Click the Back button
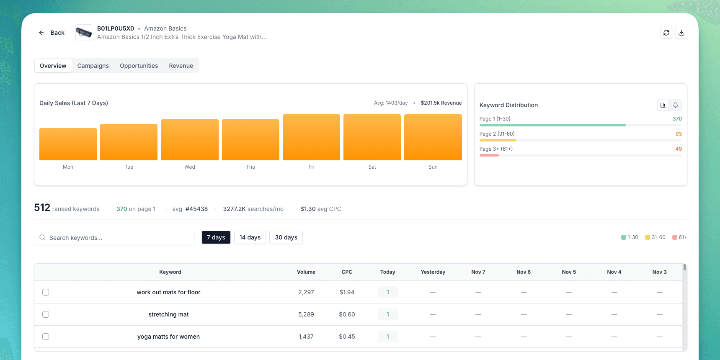[x=52, y=33]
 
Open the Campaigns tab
[x=93, y=66]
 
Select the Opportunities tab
[x=139, y=66]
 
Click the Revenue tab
[x=181, y=66]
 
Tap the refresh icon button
[x=666, y=33]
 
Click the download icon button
[x=681, y=33]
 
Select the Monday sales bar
[x=68, y=144]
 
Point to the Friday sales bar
[x=311, y=137]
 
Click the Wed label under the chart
[x=190, y=167]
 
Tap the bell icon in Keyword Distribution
[x=676, y=105]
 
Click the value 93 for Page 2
[x=679, y=134]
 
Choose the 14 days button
[x=250, y=237]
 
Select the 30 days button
[x=286, y=237]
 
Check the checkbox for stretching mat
[x=46, y=314]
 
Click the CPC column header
[x=347, y=272]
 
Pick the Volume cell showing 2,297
[x=306, y=292]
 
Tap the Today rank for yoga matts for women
[x=388, y=337]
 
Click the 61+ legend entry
[x=679, y=237]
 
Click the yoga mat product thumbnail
[x=84, y=33]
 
